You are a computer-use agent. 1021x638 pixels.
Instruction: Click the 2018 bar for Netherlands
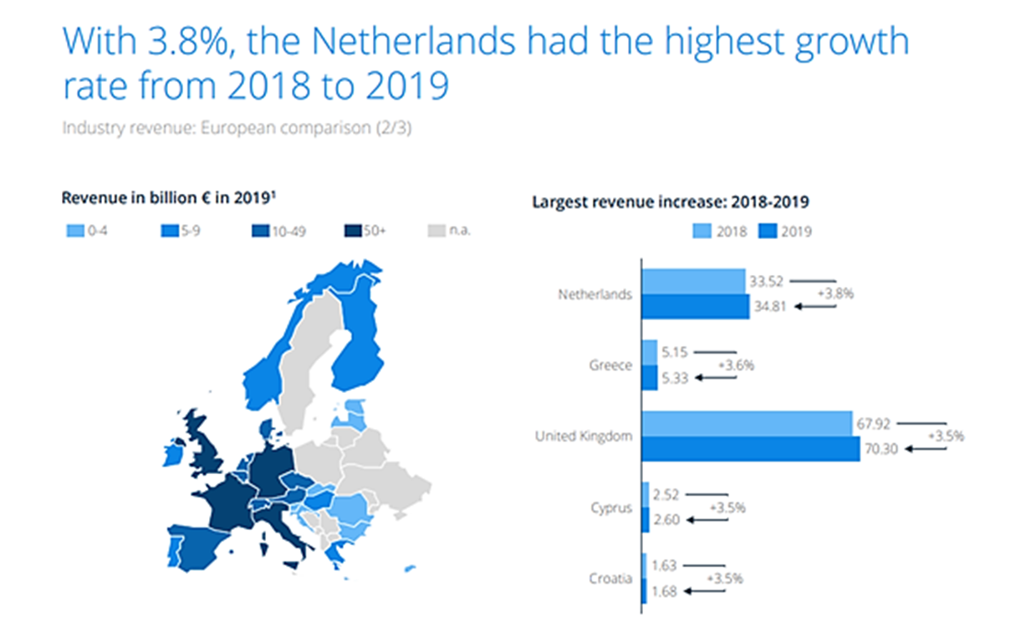pyautogui.click(x=693, y=281)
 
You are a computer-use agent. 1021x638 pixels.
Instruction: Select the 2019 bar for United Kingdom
pyautogui.click(x=750, y=448)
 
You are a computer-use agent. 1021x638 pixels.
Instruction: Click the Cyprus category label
pyautogui.click(x=610, y=508)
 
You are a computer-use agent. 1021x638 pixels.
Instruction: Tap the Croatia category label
pyautogui.click(x=610, y=579)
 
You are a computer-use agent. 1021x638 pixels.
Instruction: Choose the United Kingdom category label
pyautogui.click(x=584, y=436)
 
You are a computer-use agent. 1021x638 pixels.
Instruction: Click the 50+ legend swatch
pyautogui.click(x=352, y=230)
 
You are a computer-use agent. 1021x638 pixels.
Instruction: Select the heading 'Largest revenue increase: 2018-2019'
pyautogui.click(x=670, y=202)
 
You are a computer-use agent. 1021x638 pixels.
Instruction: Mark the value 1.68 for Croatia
pyautogui.click(x=666, y=591)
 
